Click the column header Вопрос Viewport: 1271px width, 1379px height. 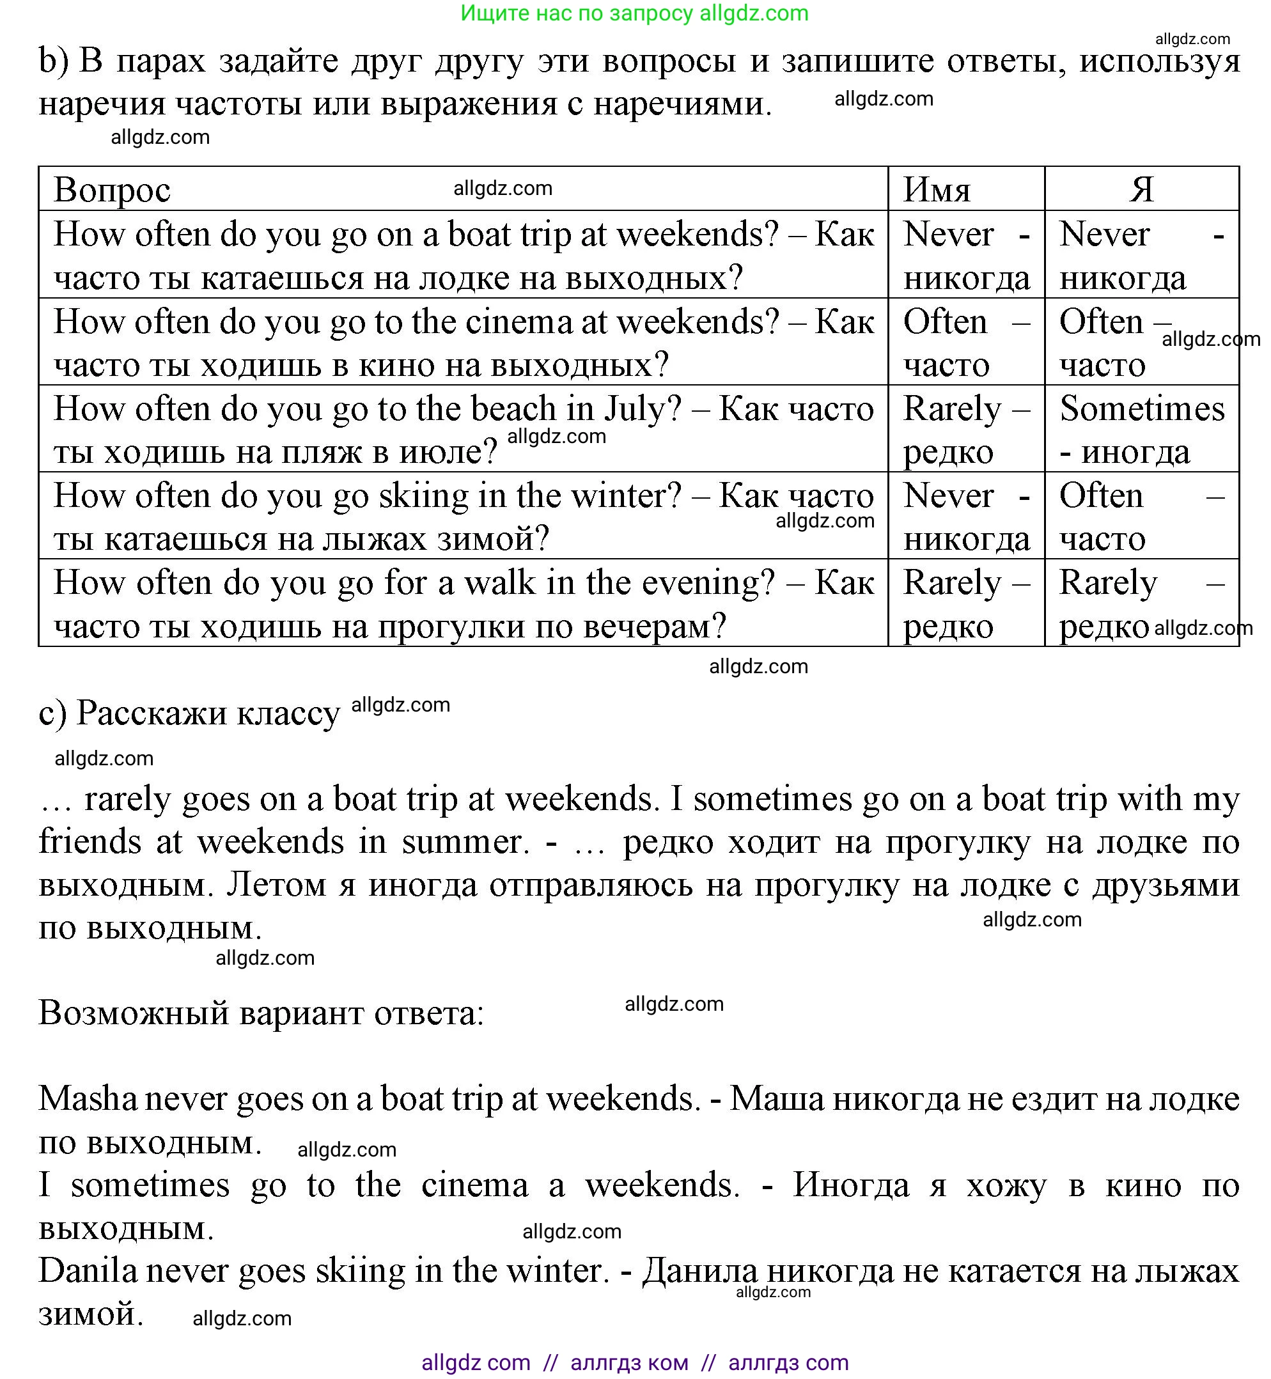click(112, 190)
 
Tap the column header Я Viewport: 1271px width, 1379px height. click(1141, 189)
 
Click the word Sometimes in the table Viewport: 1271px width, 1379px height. click(1142, 409)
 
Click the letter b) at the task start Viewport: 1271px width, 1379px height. click(53, 61)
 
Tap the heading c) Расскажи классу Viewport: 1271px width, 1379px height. click(189, 713)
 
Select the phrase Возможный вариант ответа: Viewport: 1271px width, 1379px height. click(261, 1013)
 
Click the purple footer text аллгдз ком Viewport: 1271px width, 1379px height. click(628, 1362)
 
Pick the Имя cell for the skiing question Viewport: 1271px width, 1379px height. click(965, 516)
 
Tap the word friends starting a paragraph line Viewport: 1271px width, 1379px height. click(90, 842)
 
